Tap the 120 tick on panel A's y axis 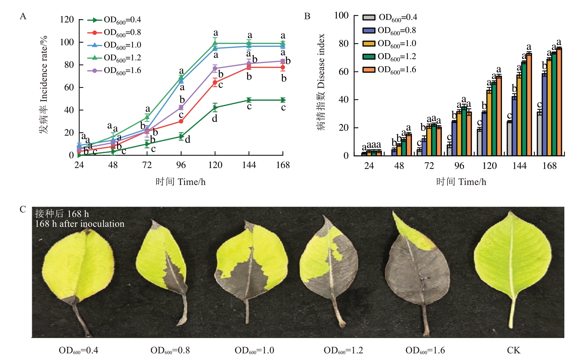click(x=67, y=20)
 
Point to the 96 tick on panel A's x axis click(x=181, y=165)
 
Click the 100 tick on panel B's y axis click(x=341, y=15)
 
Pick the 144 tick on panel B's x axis click(x=519, y=165)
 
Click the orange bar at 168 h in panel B click(x=559, y=102)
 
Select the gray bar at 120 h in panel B click(x=479, y=143)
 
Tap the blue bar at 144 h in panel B click(x=514, y=126)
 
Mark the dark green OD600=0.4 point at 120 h click(x=215, y=108)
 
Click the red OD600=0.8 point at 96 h click(x=181, y=121)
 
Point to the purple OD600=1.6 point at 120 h click(x=215, y=69)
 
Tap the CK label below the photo click(x=514, y=350)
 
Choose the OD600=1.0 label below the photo click(x=254, y=350)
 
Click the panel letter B click(x=307, y=16)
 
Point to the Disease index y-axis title click(x=321, y=82)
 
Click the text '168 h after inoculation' click(x=80, y=224)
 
